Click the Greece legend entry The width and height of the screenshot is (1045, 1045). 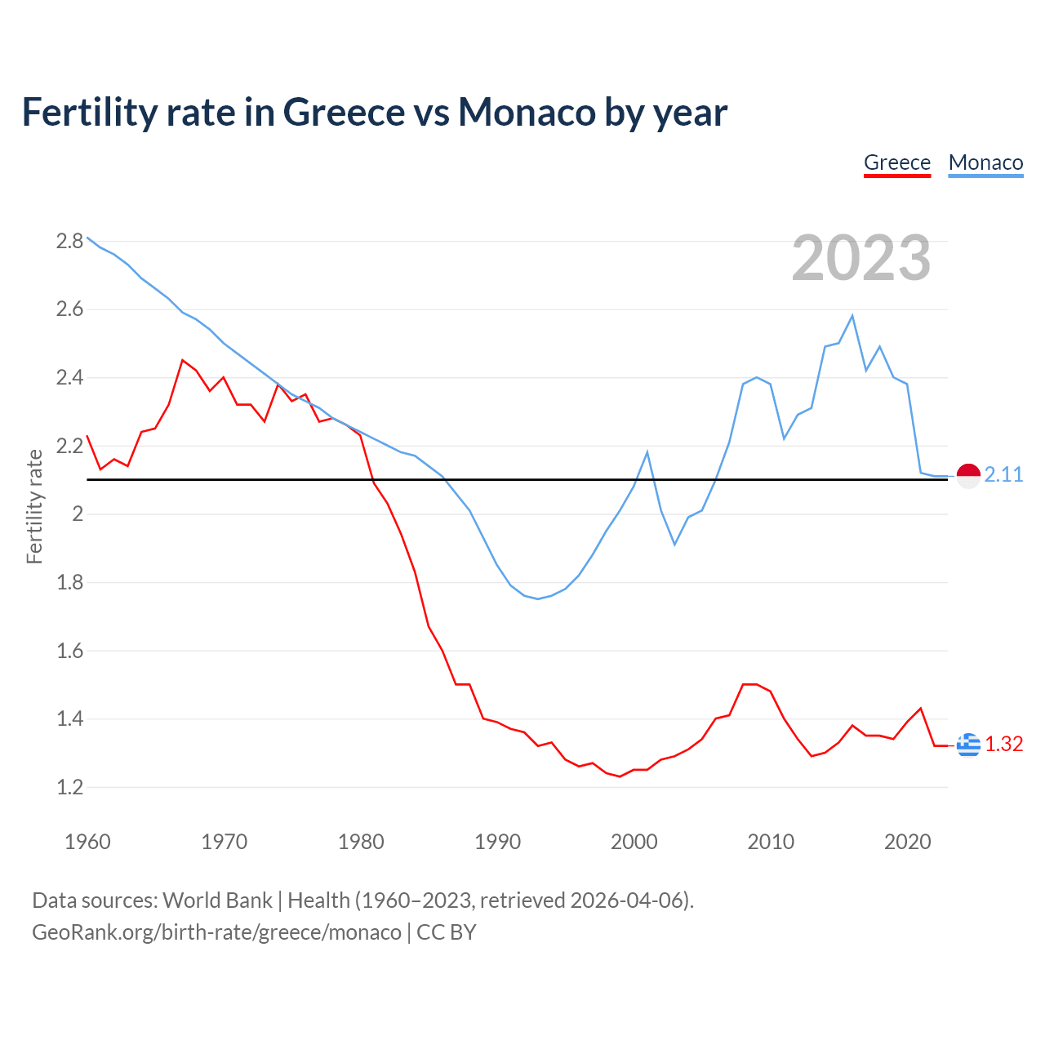pos(897,162)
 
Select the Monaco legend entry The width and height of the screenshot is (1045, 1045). pos(985,162)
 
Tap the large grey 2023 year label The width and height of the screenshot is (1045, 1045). pos(861,258)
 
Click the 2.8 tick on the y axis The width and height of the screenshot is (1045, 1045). pos(69,241)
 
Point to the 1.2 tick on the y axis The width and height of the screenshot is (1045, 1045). pos(69,788)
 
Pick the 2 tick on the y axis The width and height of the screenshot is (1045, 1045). pos(78,514)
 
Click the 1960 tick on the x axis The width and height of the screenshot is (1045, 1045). pos(87,842)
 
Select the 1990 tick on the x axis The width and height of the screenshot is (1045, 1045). pos(497,842)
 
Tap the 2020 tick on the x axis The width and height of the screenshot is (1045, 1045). pos(907,842)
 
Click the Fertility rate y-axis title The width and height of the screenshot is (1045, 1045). pos(34,506)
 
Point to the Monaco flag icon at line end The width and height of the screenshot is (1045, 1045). pos(968,475)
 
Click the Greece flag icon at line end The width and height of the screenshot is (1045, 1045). pos(968,745)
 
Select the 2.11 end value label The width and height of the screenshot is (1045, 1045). pos(1003,475)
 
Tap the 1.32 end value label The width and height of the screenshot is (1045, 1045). pos(1003,745)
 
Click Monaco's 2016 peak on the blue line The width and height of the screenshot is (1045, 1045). pos(852,316)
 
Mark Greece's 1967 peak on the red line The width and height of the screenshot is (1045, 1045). pos(183,360)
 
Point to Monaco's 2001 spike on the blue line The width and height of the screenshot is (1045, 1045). pos(647,452)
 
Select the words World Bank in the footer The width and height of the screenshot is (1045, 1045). pos(217,900)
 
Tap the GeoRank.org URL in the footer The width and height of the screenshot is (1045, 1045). pos(216,932)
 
